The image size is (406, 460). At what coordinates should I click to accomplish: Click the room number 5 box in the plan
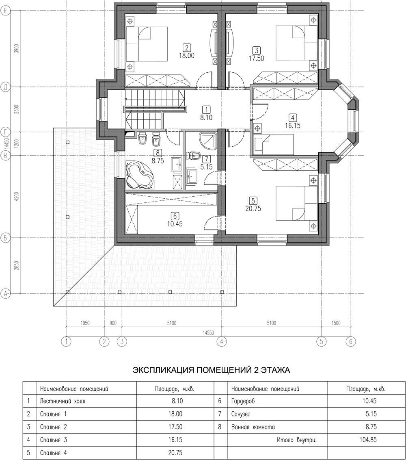pyautogui.click(x=253, y=201)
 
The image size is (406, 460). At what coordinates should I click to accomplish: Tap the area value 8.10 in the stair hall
pyautogui.click(x=206, y=117)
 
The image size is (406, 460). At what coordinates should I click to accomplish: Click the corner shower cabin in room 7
pyautogui.click(x=208, y=141)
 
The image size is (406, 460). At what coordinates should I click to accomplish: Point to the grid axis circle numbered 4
pyautogui.click(x=222, y=341)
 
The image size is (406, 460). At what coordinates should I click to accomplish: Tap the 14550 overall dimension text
pyautogui.click(x=208, y=333)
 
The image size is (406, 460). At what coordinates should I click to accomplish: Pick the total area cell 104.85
pyautogui.click(x=368, y=439)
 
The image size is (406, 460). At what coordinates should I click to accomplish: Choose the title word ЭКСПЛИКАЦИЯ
pyautogui.click(x=163, y=370)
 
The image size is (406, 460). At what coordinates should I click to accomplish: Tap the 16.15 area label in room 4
pyautogui.click(x=293, y=126)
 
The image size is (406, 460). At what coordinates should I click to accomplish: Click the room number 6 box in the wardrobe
pyautogui.click(x=175, y=216)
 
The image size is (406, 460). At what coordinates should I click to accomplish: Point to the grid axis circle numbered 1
pyautogui.click(x=66, y=341)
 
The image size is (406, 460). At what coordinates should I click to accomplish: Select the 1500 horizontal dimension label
pyautogui.click(x=336, y=323)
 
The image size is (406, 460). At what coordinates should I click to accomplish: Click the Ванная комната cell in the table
pyautogui.click(x=253, y=427)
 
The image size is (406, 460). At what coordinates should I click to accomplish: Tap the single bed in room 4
pyautogui.click(x=274, y=144)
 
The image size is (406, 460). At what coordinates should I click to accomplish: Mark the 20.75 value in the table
pyautogui.click(x=175, y=452)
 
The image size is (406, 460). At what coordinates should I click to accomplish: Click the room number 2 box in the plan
pyautogui.click(x=186, y=48)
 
